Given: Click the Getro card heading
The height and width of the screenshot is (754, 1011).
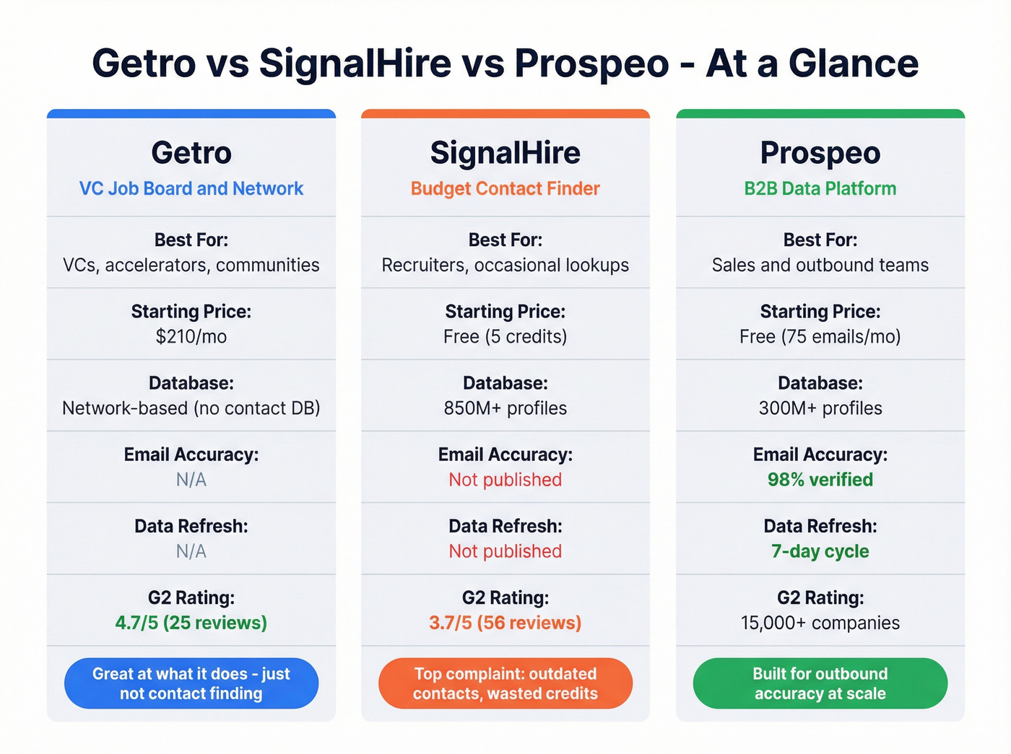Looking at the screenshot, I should (191, 153).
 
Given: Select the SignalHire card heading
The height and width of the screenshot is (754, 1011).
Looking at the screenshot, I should (506, 153).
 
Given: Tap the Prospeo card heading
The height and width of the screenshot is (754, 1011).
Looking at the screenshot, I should (820, 153).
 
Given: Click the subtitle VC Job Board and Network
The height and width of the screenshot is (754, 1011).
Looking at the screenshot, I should (191, 188).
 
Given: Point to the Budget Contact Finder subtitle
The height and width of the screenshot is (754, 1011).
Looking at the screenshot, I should (506, 188).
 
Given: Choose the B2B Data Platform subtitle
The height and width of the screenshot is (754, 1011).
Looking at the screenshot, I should (820, 188).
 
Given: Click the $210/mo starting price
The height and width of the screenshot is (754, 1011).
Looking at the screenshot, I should (191, 336).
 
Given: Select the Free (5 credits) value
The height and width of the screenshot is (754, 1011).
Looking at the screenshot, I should (506, 336).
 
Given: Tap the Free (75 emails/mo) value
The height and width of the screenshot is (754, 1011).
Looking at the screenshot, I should (820, 336).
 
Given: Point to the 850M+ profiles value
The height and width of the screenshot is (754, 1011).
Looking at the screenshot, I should (506, 408).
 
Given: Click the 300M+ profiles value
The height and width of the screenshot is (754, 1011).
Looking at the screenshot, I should (820, 408).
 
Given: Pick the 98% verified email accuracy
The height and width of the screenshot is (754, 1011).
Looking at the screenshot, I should (820, 479).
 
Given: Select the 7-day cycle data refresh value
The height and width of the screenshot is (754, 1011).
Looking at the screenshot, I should (820, 551).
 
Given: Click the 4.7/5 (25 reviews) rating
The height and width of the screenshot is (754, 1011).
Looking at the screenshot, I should (191, 623).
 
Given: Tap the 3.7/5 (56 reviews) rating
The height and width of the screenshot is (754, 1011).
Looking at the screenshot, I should (506, 623).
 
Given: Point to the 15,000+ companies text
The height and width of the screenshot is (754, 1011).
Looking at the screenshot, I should (820, 623).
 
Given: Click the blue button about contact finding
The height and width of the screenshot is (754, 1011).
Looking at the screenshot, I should (191, 683).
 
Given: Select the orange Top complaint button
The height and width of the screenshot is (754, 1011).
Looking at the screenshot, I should (506, 683).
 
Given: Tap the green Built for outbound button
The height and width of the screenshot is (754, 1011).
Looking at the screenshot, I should (820, 683).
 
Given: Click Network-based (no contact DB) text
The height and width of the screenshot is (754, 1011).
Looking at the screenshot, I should (191, 408).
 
